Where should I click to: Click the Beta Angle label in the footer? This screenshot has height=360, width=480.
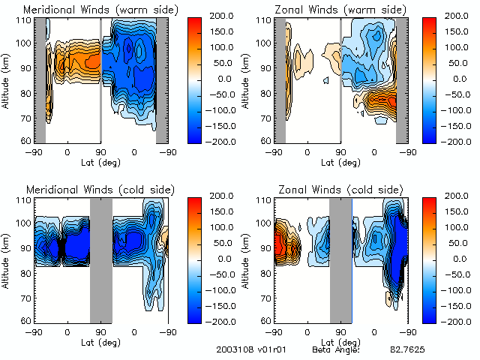click(336, 350)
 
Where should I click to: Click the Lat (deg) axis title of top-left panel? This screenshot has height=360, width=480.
click(100, 161)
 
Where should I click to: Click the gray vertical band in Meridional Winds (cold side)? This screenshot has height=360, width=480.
click(101, 259)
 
